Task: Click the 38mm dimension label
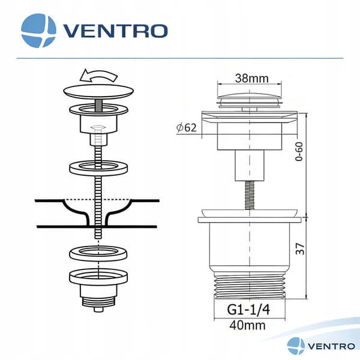click(x=251, y=78)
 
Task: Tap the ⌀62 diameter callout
click(x=187, y=128)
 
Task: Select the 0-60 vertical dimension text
click(x=299, y=152)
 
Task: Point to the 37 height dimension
click(x=300, y=248)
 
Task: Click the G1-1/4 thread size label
click(x=248, y=310)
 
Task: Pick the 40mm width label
click(x=247, y=325)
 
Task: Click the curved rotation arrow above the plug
click(x=98, y=76)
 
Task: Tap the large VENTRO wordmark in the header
click(x=115, y=31)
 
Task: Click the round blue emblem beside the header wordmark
click(x=38, y=31)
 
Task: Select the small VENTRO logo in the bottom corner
click(x=321, y=346)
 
